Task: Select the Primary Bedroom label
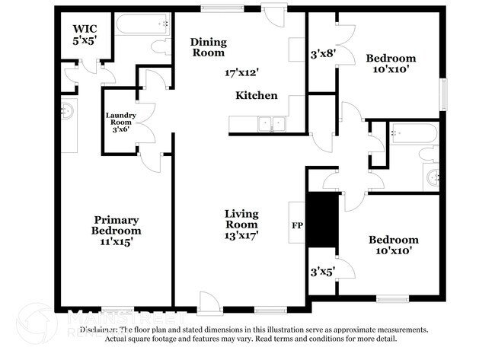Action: [116, 225]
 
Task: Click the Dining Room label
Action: [208, 47]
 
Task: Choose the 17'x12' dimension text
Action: [242, 73]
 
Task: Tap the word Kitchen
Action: [256, 96]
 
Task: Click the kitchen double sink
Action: [270, 123]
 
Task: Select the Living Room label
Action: [241, 218]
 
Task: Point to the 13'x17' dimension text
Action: [241, 236]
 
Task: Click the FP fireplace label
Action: [297, 226]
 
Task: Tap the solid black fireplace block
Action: [321, 220]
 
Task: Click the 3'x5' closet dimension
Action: [321, 270]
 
